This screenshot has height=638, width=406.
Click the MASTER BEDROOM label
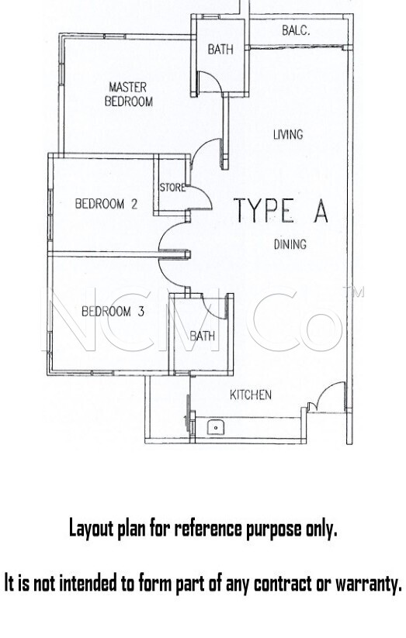pos(129,95)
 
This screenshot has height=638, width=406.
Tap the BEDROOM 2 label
pos(106,203)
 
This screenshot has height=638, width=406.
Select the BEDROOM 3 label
pos(113,312)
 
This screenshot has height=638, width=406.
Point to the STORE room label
pos(172,188)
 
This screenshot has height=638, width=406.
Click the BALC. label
pos(296,30)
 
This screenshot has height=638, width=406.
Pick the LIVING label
pos(288,134)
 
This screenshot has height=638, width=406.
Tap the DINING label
pos(290,244)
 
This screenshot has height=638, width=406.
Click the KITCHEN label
pos(251,395)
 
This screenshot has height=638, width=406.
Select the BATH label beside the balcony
pos(220,50)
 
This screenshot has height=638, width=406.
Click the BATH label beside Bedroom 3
pos(202,336)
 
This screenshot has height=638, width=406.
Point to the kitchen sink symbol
pos(214,428)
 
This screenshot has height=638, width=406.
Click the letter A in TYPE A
pos(321,210)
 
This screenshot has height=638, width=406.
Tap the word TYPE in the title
pos(264,210)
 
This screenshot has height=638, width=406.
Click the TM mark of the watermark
pos(354,292)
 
